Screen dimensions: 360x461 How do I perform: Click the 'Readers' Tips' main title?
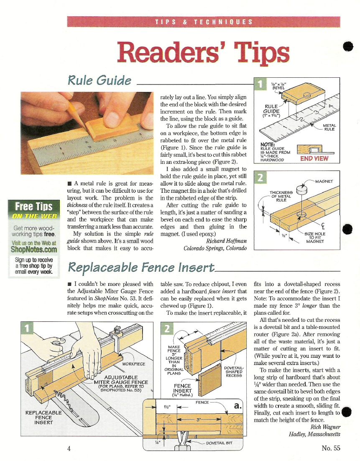(203, 53)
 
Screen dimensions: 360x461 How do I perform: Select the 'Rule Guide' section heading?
(100, 81)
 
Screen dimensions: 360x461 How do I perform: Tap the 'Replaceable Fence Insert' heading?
(141, 267)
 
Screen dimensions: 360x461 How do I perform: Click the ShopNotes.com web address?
(34, 250)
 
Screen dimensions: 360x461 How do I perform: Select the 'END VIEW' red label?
(314, 158)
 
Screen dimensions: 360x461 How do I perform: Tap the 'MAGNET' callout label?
(324, 181)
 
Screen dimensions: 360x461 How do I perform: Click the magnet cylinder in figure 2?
(301, 190)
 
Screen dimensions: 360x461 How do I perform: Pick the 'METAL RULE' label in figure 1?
(329, 127)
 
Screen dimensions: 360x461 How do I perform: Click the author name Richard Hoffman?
(226, 241)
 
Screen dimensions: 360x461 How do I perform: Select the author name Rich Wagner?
(325, 427)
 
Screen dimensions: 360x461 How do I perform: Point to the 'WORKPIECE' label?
(133, 364)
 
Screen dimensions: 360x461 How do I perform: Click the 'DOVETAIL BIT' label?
(219, 443)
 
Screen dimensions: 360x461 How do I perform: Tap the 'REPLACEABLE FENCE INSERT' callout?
(43, 418)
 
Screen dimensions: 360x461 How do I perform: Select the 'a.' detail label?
(237, 406)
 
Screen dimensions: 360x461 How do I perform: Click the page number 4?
(69, 448)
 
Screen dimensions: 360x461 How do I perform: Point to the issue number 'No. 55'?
(331, 448)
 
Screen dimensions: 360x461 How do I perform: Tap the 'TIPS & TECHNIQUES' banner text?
(204, 22)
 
